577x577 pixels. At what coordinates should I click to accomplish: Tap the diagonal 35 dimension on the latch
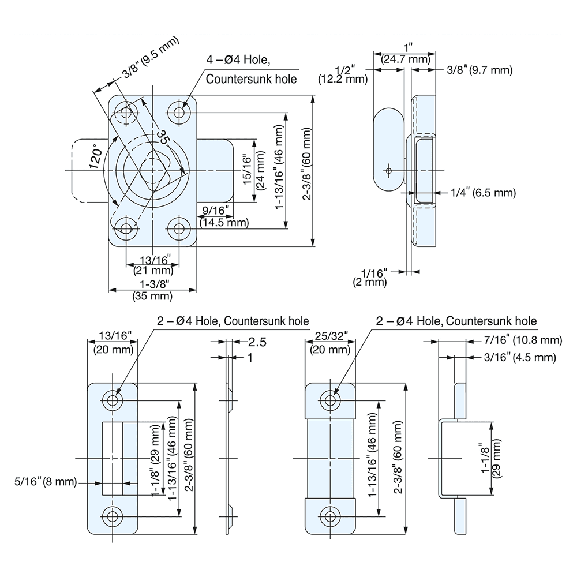click(163, 137)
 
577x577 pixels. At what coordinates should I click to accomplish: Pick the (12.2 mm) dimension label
click(343, 80)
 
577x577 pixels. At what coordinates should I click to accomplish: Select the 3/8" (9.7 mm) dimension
click(479, 70)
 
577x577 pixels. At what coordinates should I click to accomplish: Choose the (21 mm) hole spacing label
click(153, 269)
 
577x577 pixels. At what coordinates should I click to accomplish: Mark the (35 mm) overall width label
click(153, 296)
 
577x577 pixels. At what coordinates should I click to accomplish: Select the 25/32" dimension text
click(330, 336)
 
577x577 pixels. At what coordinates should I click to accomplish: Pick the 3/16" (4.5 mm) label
click(519, 358)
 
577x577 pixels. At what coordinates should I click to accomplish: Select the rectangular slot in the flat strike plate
click(113, 458)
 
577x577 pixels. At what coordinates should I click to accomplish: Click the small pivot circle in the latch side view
click(389, 171)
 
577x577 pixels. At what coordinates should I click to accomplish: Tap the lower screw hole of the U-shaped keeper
click(330, 515)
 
